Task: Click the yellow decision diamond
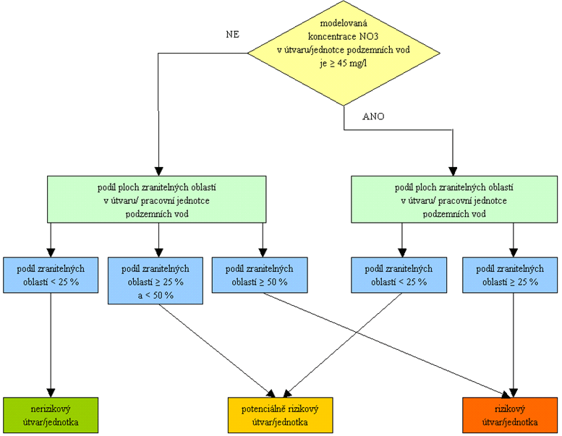click(x=344, y=53)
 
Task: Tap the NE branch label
click(x=233, y=35)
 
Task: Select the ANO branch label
click(x=373, y=116)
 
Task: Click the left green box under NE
click(x=157, y=199)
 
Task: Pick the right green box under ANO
click(x=454, y=199)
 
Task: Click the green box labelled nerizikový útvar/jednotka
click(x=51, y=415)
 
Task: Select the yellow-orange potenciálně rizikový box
click(x=281, y=415)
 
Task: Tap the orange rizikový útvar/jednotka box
click(x=510, y=415)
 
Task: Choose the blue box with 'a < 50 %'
click(x=156, y=281)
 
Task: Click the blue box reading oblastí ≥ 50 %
click(x=260, y=275)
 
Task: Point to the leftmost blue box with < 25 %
click(x=51, y=275)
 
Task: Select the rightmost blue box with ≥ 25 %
click(x=510, y=275)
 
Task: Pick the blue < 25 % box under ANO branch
click(x=399, y=275)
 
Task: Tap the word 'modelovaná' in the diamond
click(x=344, y=23)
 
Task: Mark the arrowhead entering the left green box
click(x=158, y=171)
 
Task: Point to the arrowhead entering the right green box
click(x=454, y=171)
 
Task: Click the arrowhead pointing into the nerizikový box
click(x=51, y=393)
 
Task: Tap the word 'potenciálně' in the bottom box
click(x=263, y=409)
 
